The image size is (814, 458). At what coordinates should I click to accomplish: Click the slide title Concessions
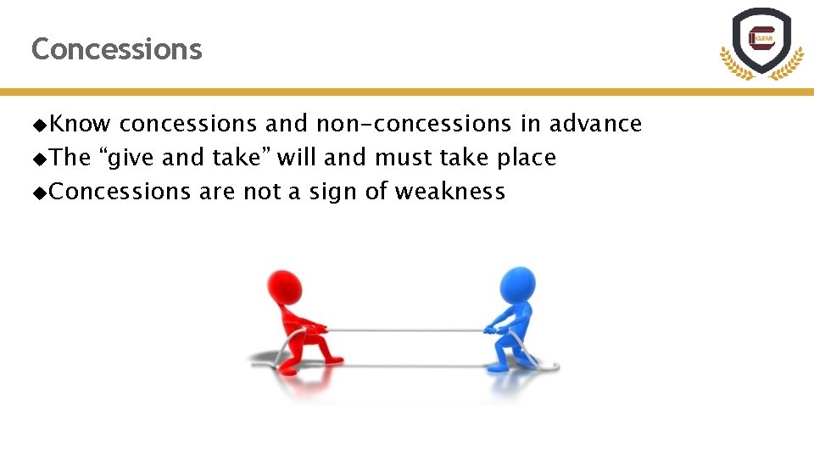(116, 49)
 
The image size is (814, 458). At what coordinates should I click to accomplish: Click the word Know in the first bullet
(80, 124)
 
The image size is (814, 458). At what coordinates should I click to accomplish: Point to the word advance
(595, 124)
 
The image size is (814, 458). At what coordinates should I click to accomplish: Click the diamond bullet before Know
(39, 125)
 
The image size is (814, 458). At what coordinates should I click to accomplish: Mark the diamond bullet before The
(39, 159)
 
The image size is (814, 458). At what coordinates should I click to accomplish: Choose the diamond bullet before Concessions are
(39, 193)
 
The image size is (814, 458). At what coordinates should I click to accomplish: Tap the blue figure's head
(517, 284)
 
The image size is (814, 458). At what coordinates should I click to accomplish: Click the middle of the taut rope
(405, 330)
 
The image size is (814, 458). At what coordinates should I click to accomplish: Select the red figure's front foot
(333, 360)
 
